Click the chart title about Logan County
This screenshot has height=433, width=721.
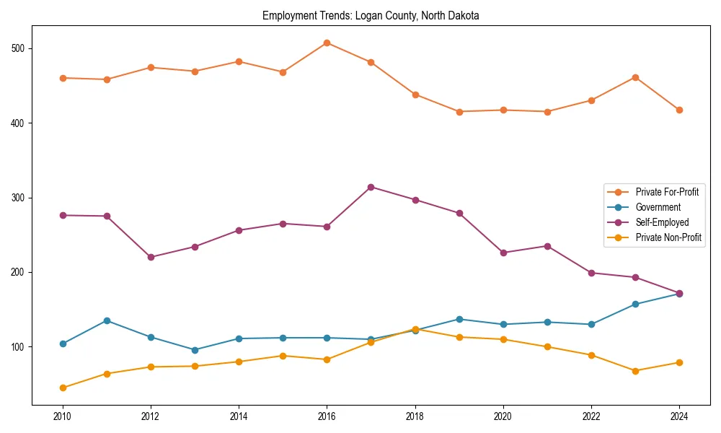(x=371, y=15)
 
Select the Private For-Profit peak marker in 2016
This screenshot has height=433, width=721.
(x=327, y=43)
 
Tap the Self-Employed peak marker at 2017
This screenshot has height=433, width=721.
(x=371, y=187)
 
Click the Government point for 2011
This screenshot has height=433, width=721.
(x=107, y=320)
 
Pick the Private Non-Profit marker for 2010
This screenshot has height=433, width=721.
(x=63, y=388)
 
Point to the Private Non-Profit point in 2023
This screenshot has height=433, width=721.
(x=635, y=371)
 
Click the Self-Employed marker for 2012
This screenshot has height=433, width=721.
(x=151, y=257)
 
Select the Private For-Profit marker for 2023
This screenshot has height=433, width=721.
(x=635, y=77)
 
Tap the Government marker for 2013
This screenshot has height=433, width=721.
(x=195, y=350)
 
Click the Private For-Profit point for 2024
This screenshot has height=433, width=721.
(x=679, y=110)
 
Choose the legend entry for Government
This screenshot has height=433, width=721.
(x=658, y=207)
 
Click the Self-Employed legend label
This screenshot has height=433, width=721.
(x=662, y=222)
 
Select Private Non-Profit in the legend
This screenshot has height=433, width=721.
(x=668, y=237)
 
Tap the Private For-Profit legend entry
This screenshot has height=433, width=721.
(x=666, y=192)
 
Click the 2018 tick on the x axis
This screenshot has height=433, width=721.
(x=415, y=416)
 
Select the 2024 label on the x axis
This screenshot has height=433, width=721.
(x=679, y=416)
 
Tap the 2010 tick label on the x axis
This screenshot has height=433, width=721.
(x=63, y=416)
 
